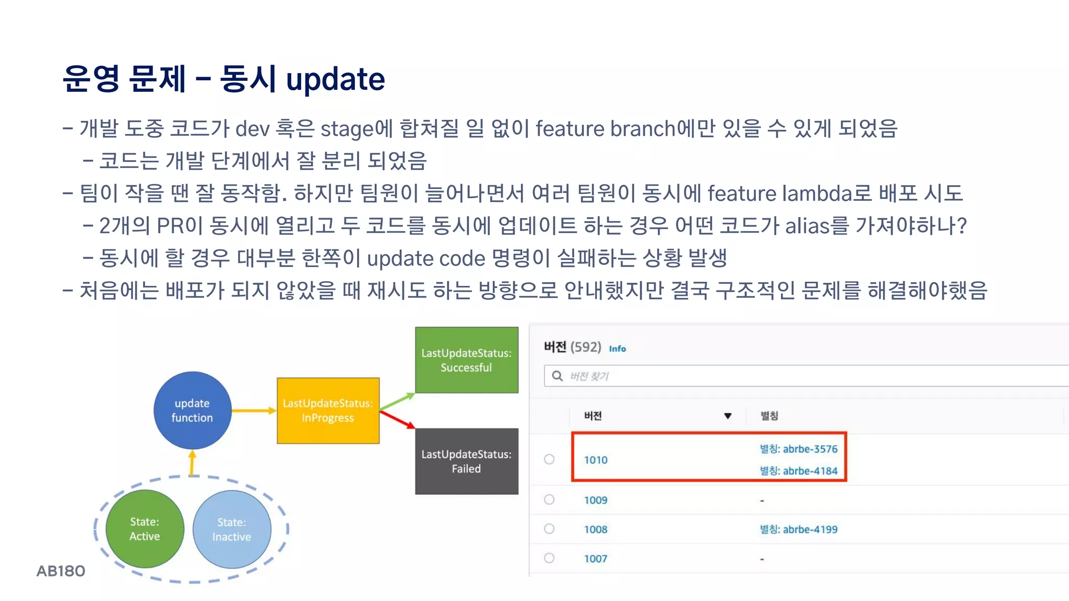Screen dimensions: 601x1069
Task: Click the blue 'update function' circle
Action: [192, 410]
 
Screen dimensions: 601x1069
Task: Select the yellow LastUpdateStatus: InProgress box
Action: [328, 411]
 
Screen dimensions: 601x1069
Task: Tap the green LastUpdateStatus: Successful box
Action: [467, 360]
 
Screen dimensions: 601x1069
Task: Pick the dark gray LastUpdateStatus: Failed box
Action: [467, 461]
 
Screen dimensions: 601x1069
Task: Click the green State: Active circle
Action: [145, 528]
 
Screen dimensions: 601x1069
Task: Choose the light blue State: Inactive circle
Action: [232, 529]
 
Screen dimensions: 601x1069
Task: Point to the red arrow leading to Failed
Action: [397, 419]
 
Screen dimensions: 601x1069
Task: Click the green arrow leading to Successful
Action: [397, 401]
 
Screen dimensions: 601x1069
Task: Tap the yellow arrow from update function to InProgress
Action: [254, 411]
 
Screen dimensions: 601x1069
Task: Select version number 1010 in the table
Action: [596, 460]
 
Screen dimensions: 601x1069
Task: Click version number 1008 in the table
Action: [596, 529]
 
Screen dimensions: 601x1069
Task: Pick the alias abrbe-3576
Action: [799, 449]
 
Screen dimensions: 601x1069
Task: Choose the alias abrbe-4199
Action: [799, 529]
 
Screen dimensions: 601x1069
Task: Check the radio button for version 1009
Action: [549, 499]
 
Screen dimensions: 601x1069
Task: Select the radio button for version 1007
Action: [549, 558]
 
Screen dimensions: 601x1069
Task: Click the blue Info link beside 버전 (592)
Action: [617, 348]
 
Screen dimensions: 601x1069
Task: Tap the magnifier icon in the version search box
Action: [557, 376]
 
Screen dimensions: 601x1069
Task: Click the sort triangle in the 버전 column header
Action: [728, 416]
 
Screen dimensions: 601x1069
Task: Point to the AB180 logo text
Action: [61, 571]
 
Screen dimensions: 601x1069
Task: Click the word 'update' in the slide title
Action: [336, 79]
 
